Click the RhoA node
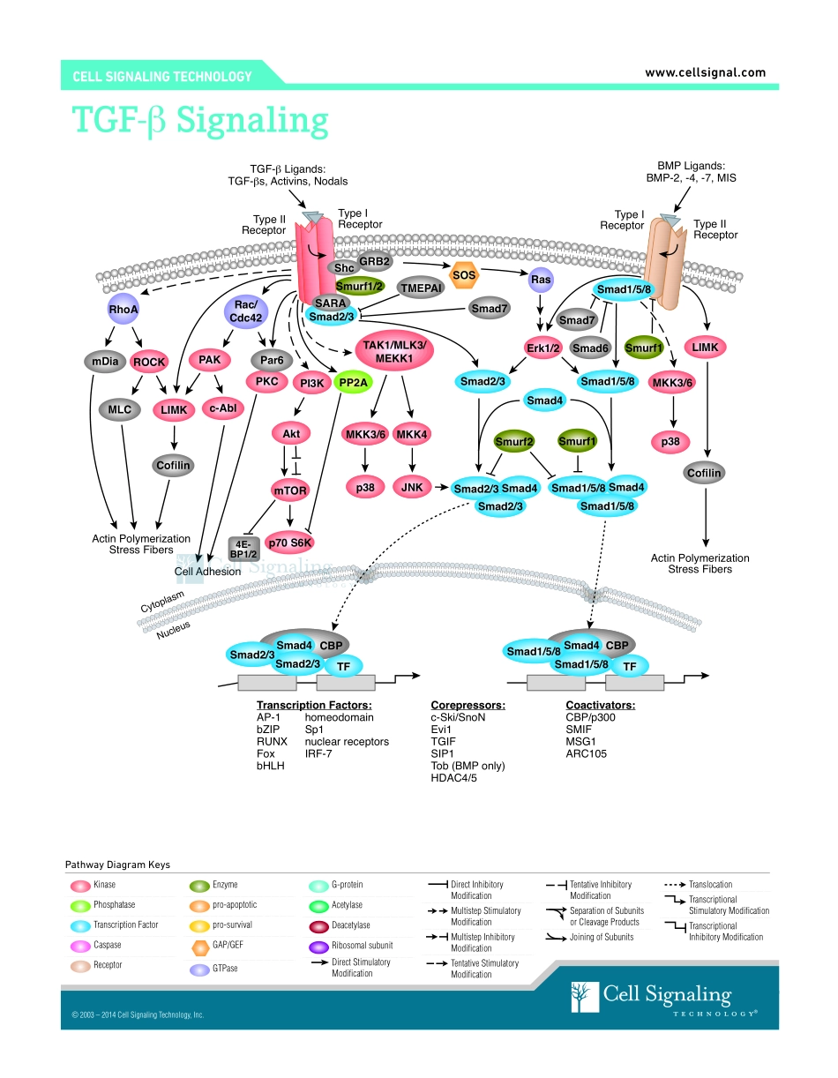[123, 310]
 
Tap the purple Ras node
[541, 281]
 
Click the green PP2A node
[355, 382]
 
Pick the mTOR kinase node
[292, 488]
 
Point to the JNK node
[412, 487]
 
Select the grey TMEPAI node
[420, 288]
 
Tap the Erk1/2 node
[543, 348]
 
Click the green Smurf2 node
[514, 441]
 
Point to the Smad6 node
[590, 348]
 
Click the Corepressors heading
[468, 705]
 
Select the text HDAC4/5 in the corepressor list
[453, 778]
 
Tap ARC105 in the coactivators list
[586, 753]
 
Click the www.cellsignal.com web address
[705, 72]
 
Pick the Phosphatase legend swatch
[79, 905]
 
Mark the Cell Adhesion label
[207, 571]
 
